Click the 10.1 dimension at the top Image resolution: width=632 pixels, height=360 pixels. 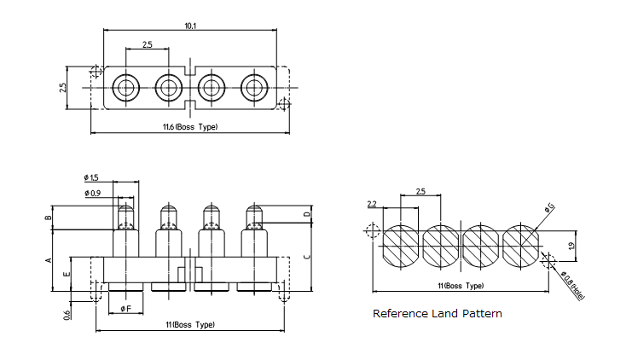(189, 26)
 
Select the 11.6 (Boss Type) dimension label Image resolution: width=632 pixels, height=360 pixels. (189, 127)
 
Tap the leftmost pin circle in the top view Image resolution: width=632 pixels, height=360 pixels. (125, 86)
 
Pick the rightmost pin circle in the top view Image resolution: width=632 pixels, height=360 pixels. (253, 86)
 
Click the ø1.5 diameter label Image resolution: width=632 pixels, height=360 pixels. (91, 177)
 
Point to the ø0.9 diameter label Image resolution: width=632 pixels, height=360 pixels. (92, 194)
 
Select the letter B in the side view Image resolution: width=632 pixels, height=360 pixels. (49, 218)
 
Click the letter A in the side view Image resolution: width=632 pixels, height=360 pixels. (49, 259)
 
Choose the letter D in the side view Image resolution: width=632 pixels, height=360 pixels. (307, 214)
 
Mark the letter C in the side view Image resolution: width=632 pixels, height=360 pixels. (307, 256)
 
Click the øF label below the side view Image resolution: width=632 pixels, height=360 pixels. (125, 308)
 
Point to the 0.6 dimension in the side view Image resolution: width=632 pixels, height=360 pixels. (67, 316)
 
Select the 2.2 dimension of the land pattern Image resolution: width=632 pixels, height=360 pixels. (372, 204)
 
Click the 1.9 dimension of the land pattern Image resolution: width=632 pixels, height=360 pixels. (570, 246)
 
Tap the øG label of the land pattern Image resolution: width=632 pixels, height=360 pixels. (549, 207)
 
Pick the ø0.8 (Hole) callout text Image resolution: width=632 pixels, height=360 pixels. (569, 279)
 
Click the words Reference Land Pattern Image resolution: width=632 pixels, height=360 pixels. (438, 314)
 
